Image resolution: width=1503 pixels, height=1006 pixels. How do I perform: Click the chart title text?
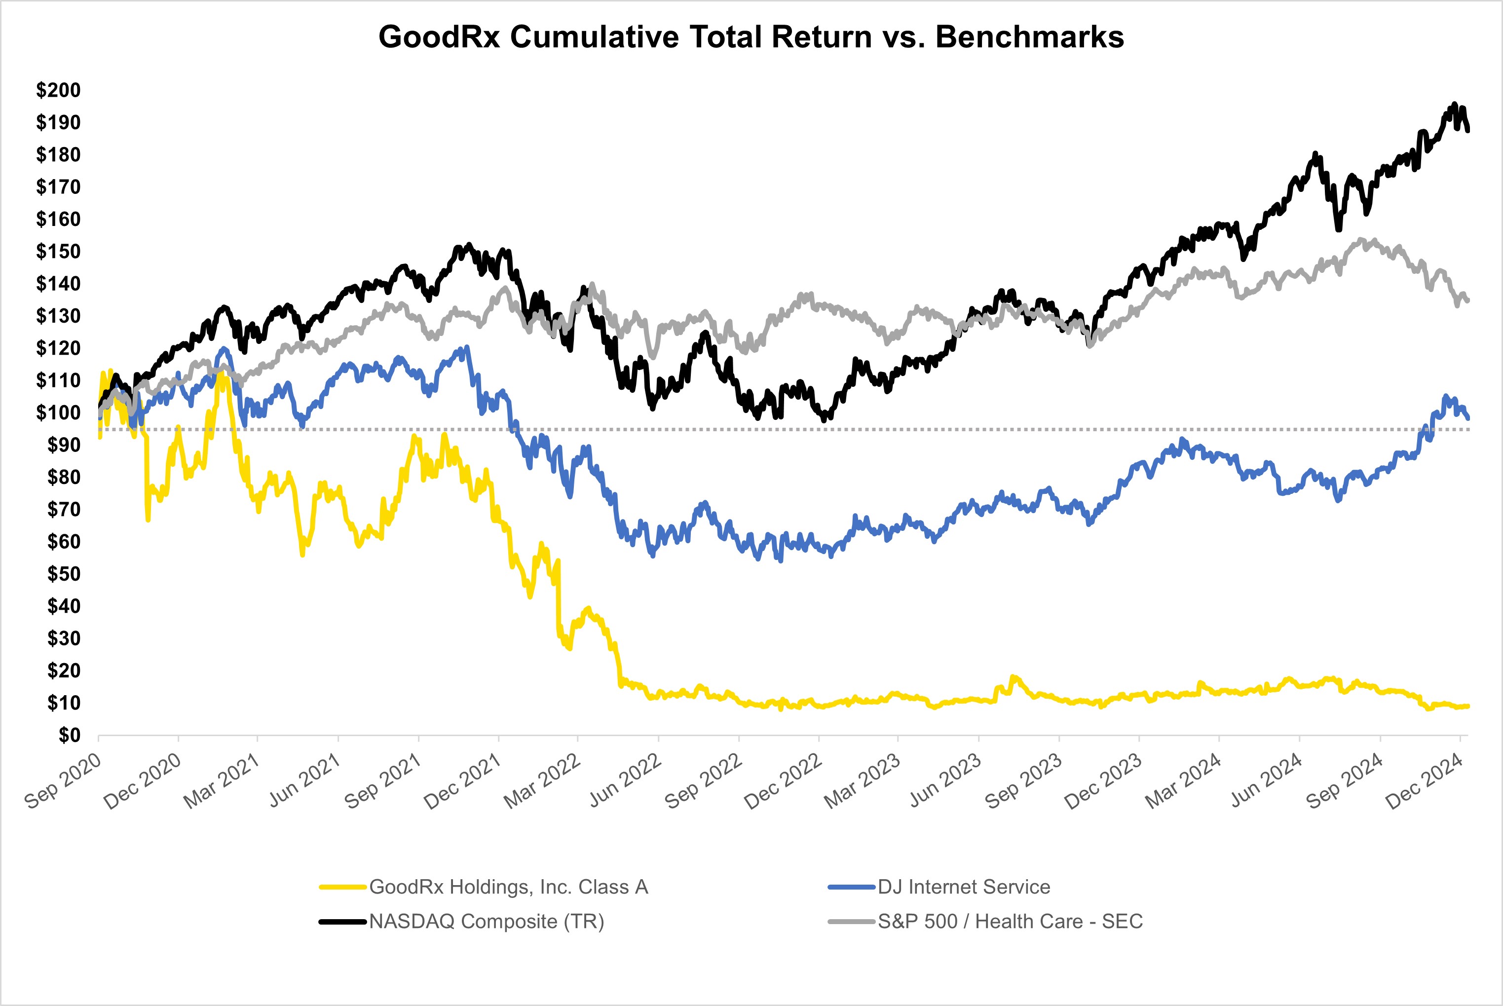[x=751, y=37]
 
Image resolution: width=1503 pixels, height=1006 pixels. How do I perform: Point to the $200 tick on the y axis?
[x=58, y=90]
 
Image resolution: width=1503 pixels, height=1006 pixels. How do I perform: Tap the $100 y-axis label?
[x=58, y=412]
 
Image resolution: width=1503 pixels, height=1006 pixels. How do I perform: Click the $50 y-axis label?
[x=64, y=574]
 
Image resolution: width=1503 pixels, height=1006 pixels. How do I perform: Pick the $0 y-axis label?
[x=69, y=735]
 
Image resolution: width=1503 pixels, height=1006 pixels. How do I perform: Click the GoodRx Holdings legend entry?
[x=508, y=887]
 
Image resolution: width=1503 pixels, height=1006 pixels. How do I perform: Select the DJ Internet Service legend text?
[x=964, y=887]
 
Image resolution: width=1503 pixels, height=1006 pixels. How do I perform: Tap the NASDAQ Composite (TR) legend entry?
[x=486, y=921]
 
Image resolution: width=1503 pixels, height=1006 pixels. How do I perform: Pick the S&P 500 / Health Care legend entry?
[x=1010, y=921]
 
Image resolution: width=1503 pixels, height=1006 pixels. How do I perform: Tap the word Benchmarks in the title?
[x=1030, y=37]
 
